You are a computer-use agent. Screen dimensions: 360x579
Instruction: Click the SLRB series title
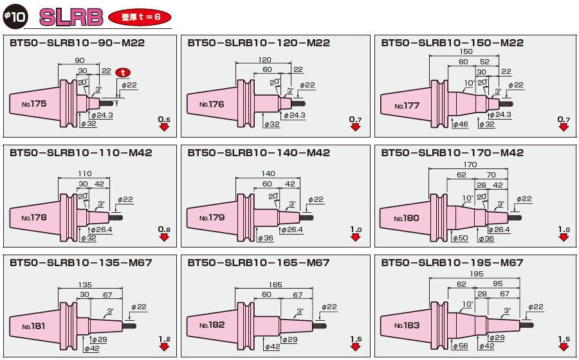point(71,17)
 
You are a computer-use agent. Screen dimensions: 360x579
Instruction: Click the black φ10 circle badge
point(15,17)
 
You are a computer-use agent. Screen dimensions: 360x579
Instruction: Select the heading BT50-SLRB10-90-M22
point(77,43)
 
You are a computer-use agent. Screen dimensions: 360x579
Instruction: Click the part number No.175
point(33,103)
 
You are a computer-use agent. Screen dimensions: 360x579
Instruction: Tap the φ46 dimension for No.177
point(461,124)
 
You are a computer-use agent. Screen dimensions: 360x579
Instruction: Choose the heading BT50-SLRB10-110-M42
point(80,153)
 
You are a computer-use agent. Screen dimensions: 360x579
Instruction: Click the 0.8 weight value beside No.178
point(164,230)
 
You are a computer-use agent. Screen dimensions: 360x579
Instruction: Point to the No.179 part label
point(212,218)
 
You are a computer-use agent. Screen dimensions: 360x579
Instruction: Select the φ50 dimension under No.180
point(461,238)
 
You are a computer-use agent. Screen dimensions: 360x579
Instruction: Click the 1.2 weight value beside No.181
point(164,339)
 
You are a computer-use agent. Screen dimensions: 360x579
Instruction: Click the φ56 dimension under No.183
point(461,346)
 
